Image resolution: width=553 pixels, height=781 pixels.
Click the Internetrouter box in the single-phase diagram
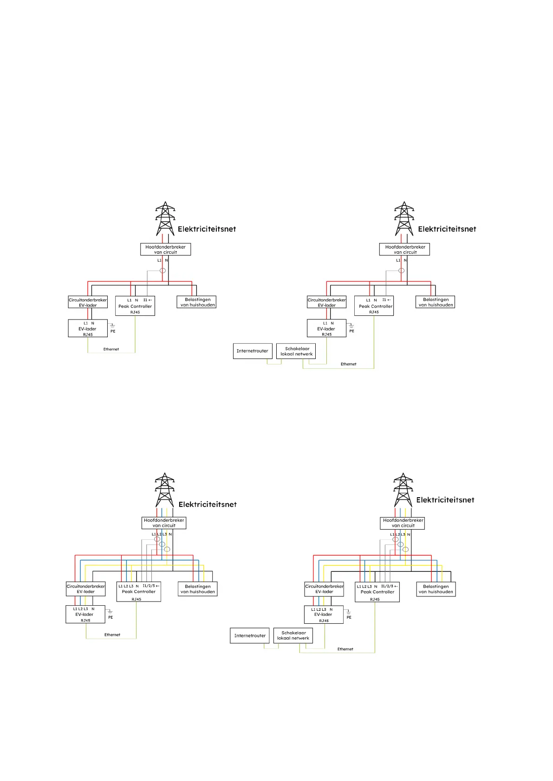[x=252, y=351]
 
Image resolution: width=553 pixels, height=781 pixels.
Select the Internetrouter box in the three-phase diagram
[x=250, y=635]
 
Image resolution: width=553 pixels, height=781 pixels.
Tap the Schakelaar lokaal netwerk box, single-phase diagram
[x=296, y=351]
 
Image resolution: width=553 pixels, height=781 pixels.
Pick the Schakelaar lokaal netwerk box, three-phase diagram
[x=293, y=635]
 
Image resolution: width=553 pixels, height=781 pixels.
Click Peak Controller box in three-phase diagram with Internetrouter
[x=377, y=592]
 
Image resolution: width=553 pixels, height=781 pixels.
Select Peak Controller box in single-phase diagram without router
[x=135, y=306]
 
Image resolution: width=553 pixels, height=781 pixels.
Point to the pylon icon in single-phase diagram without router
[x=165, y=218]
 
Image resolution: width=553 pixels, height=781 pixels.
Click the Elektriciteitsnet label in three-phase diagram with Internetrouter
[x=445, y=500]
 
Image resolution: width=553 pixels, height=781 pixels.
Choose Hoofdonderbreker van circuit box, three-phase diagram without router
[x=164, y=523]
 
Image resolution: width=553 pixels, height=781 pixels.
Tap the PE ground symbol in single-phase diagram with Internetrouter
[x=351, y=326]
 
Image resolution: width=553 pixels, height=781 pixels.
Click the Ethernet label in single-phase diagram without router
[x=111, y=349]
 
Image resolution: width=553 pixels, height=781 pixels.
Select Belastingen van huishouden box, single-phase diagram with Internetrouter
[x=436, y=302]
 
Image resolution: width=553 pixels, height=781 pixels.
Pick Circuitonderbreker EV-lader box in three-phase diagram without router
[x=86, y=589]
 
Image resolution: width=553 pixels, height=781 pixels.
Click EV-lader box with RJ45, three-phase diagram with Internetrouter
[x=324, y=615]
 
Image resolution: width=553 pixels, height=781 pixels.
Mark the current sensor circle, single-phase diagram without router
[x=163, y=270]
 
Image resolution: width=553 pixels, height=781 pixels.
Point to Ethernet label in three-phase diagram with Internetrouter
[x=345, y=649]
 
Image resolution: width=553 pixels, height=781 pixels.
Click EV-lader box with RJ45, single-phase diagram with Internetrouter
[x=326, y=328]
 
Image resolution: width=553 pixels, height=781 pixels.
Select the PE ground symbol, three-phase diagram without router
[x=110, y=612]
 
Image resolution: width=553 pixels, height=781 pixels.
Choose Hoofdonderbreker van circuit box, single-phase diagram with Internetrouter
[x=404, y=250]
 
